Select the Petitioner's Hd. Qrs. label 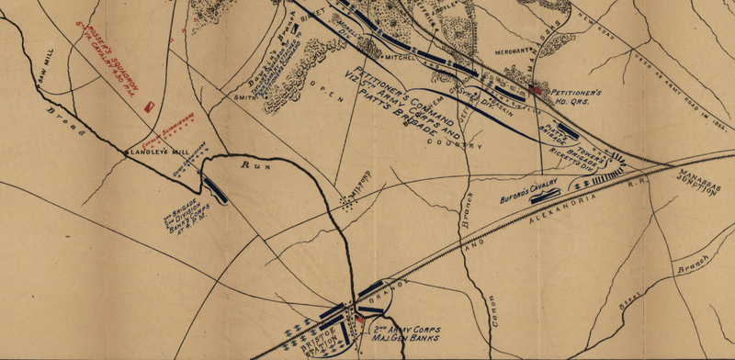(577, 96)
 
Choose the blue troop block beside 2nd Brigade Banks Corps (219, 189)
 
